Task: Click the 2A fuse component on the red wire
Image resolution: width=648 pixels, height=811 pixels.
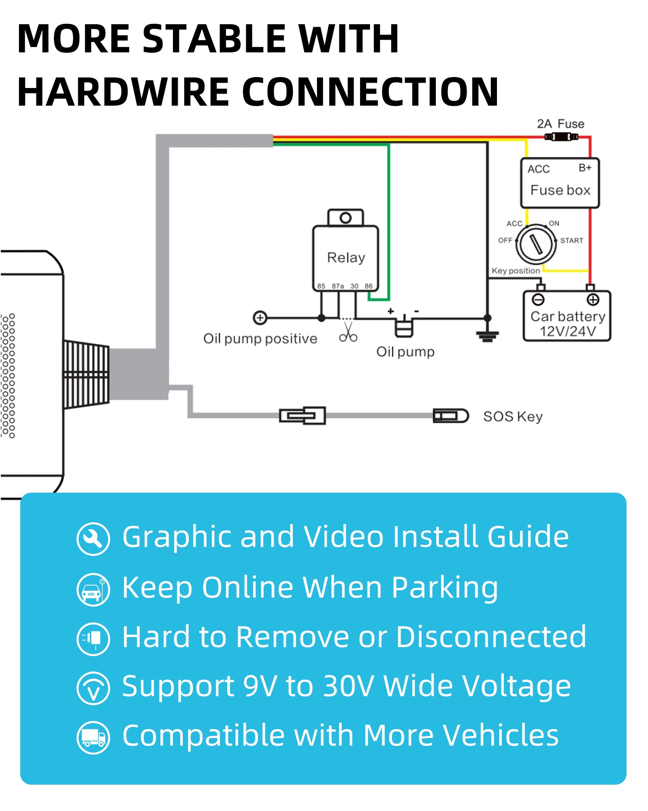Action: point(561,137)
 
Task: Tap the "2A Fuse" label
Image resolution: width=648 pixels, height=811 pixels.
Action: point(561,124)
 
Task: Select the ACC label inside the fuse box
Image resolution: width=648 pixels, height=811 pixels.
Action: point(538,169)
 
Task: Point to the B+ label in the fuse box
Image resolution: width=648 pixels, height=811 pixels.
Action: point(585,167)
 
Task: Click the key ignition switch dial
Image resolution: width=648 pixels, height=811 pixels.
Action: point(536,245)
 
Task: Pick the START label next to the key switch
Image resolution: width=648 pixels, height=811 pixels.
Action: point(571,240)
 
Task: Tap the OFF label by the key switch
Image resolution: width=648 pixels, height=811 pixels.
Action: point(505,240)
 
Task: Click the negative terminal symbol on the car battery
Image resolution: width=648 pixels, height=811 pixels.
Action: point(538,300)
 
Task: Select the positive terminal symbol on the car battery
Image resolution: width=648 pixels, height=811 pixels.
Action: point(593,300)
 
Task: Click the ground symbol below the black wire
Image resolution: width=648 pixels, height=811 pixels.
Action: point(488,335)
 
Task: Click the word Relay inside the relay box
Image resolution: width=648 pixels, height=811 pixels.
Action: point(346,257)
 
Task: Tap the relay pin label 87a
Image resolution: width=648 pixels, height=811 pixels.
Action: point(338,286)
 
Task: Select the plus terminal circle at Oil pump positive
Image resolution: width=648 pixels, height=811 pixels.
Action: point(260,318)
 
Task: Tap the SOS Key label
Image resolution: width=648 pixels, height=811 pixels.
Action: point(513,416)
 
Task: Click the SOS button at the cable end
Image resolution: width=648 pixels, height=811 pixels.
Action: point(450,416)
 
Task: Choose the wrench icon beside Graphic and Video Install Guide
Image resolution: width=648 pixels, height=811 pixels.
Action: point(93,539)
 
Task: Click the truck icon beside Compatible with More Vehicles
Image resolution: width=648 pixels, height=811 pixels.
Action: point(93,738)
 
